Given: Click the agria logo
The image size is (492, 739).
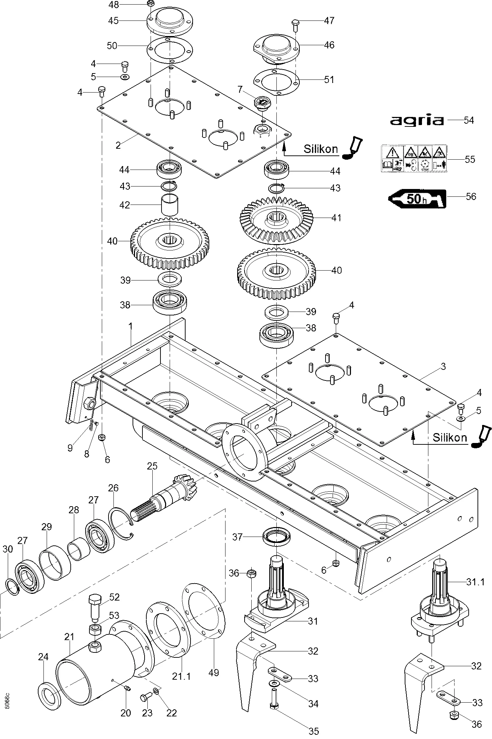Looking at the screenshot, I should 417,121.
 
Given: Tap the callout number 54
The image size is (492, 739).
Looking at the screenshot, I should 469,120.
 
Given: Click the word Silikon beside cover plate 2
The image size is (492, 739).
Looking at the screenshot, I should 321,149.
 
